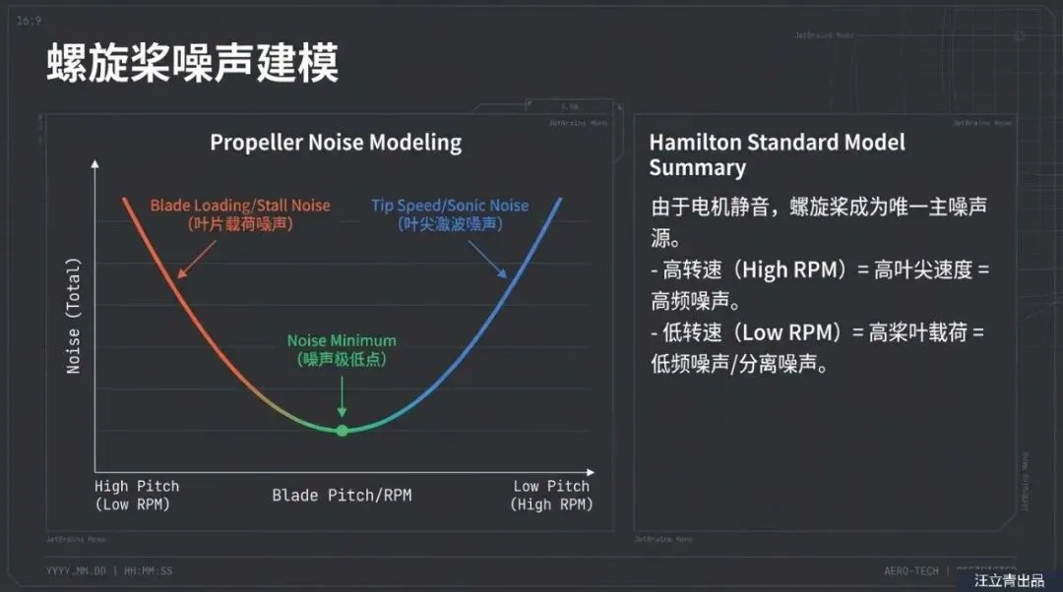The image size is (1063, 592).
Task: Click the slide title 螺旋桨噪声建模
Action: pyautogui.click(x=193, y=64)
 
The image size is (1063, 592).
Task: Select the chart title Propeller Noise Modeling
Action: pyautogui.click(x=336, y=143)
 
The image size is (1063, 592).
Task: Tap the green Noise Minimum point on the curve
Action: pyautogui.click(x=342, y=431)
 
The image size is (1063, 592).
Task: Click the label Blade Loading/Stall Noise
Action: pyautogui.click(x=240, y=206)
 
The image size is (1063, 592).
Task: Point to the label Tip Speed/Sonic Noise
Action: pyautogui.click(x=450, y=206)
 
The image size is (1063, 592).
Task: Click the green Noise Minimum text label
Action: pyautogui.click(x=342, y=341)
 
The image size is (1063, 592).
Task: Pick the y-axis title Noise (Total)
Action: pyautogui.click(x=74, y=316)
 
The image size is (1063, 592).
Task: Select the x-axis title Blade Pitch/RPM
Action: pyautogui.click(x=342, y=495)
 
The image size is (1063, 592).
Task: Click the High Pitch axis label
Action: pyautogui.click(x=137, y=486)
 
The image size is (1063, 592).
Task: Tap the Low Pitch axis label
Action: pyautogui.click(x=551, y=486)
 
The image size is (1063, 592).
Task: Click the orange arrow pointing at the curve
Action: pyautogui.click(x=194, y=253)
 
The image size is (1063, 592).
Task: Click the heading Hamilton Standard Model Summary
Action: pyautogui.click(x=777, y=154)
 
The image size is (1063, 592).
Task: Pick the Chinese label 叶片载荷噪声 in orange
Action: pyautogui.click(x=240, y=224)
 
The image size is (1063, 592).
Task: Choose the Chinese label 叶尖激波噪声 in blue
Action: pyautogui.click(x=450, y=224)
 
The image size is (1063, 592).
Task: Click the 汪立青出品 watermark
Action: pyautogui.click(x=1009, y=581)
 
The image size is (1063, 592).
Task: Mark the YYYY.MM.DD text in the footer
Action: pyautogui.click(x=76, y=571)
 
